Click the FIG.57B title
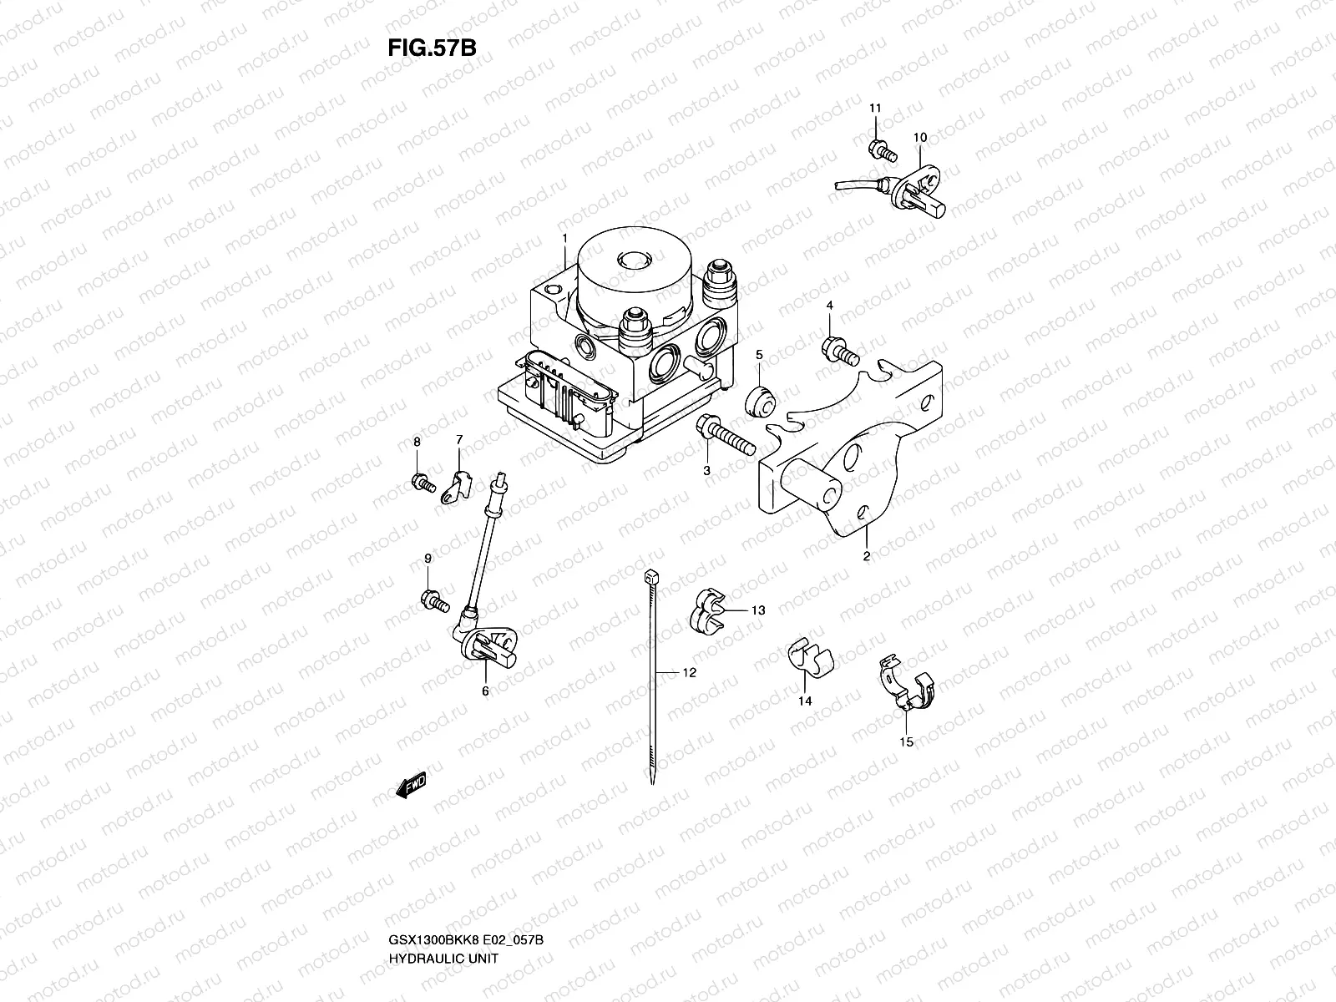(x=432, y=48)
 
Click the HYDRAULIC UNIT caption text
(x=443, y=912)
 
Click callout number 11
(x=875, y=109)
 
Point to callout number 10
(x=920, y=137)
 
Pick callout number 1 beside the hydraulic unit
(x=564, y=238)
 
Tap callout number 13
(x=757, y=610)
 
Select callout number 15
(x=906, y=741)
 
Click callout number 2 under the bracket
(x=867, y=555)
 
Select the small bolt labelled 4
(x=839, y=352)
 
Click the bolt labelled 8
(x=423, y=482)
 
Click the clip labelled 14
(x=807, y=657)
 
